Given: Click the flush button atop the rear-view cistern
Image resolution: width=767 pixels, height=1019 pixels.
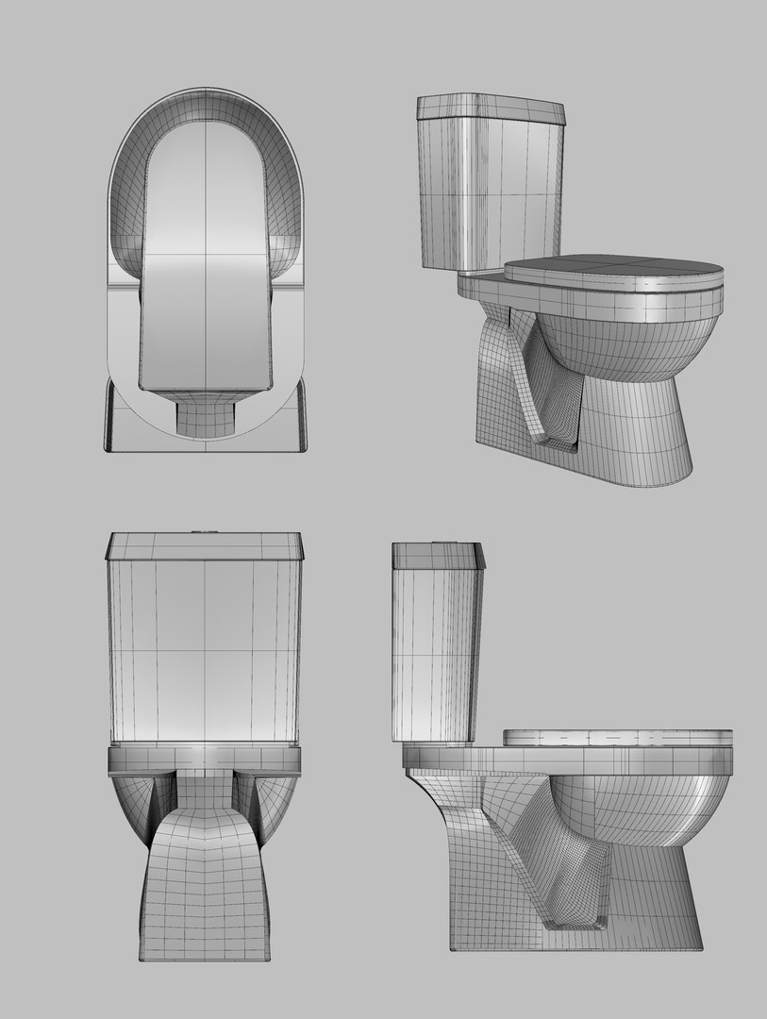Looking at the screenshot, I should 205,531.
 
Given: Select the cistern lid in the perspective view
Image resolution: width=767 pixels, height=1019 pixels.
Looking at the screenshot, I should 490,108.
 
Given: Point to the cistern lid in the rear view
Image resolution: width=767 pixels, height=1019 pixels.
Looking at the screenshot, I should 205,545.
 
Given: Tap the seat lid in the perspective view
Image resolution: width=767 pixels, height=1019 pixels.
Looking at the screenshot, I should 613,269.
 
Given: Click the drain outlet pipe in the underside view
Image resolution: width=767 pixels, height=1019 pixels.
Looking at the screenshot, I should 205,415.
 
